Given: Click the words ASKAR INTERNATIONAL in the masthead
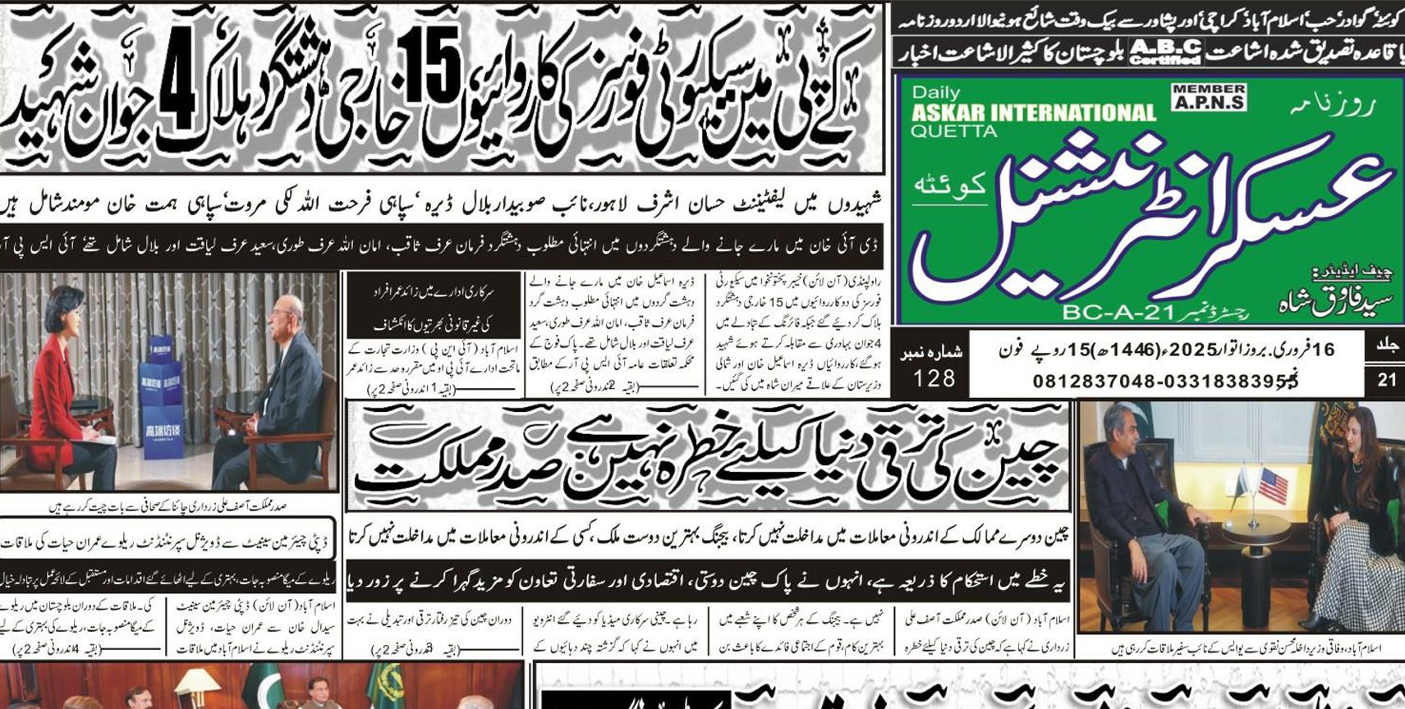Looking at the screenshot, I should tap(1033, 112).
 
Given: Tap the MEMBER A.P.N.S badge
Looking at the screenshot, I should tap(1209, 97).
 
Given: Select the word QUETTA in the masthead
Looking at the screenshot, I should tap(953, 131).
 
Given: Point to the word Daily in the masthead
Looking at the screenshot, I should tap(935, 93).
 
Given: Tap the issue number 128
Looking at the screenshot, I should tap(934, 377).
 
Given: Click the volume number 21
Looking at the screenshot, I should tap(1386, 380).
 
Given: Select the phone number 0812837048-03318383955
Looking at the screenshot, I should tap(1165, 381).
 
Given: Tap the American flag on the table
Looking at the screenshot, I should tap(1273, 485).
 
